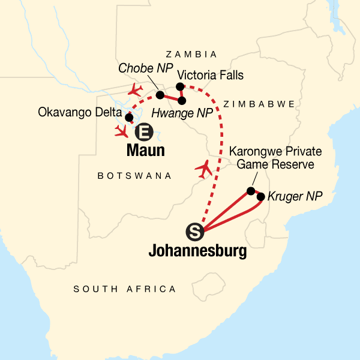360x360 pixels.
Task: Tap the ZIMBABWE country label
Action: tap(259, 104)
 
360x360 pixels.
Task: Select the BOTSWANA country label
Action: tap(134, 176)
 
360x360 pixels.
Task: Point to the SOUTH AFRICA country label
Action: tap(125, 289)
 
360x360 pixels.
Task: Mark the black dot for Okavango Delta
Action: tap(128, 118)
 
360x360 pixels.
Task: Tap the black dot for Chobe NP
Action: tap(160, 95)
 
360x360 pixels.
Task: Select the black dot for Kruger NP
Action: tap(261, 196)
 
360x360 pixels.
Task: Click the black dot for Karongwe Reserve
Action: tap(251, 191)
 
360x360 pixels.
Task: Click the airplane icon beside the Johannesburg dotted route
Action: tap(205, 169)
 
